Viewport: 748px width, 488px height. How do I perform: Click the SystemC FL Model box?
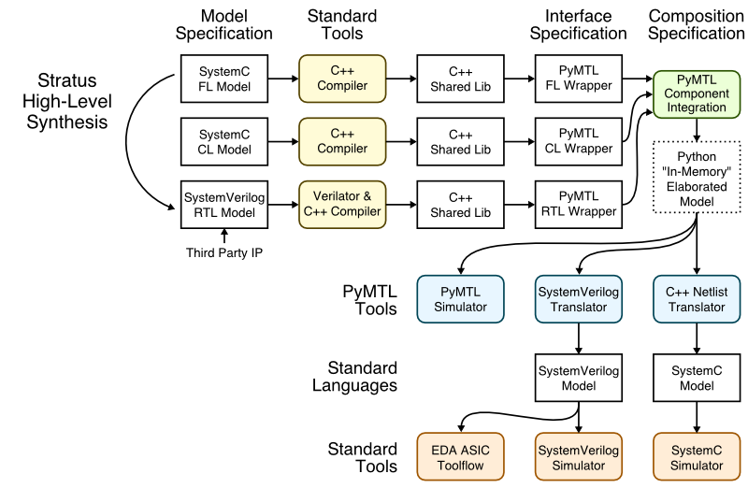[223, 79]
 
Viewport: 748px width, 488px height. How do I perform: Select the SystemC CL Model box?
[223, 141]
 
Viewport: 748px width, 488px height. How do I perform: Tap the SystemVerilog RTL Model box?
[223, 204]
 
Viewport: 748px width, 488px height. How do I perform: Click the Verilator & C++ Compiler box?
[342, 204]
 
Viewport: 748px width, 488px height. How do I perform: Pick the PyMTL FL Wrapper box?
[579, 79]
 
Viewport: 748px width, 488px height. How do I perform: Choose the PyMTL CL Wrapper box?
[579, 141]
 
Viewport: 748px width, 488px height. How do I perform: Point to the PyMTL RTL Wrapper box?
[579, 204]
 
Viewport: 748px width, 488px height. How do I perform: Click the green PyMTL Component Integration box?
[697, 93]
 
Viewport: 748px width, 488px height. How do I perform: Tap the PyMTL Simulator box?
[460, 299]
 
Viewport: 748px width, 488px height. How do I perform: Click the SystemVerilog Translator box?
[579, 299]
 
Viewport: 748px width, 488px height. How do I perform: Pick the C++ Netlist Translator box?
[697, 299]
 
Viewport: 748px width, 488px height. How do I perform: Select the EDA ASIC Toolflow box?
[460, 457]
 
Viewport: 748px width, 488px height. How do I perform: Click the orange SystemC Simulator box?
[697, 457]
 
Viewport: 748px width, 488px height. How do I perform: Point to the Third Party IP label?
[223, 252]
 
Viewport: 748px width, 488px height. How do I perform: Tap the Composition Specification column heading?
[697, 24]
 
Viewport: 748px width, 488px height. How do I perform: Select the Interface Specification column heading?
[579, 24]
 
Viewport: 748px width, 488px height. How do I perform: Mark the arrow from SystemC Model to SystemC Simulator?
[697, 416]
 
